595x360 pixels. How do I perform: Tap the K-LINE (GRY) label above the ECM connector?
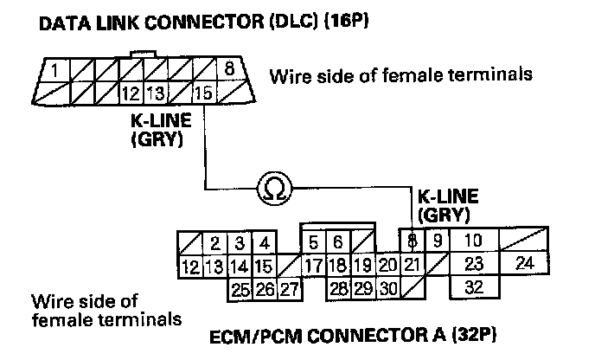point(446,203)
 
